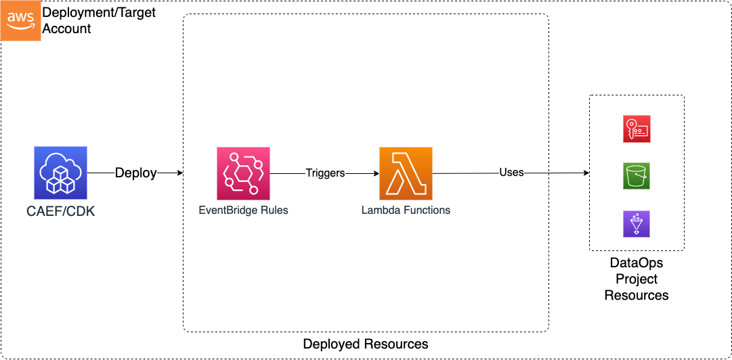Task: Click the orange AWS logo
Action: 20,20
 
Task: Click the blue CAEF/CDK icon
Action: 60,173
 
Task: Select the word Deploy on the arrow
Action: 135,173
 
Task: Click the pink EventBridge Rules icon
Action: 243,173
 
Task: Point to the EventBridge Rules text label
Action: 243,210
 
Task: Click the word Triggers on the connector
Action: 325,173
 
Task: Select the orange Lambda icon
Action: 406,173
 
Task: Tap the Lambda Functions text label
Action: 406,210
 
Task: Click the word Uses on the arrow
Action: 511,173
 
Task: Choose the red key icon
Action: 636,129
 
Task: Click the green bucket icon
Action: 636,175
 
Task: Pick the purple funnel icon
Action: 636,223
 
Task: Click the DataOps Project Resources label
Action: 636,278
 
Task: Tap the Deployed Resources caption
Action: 366,344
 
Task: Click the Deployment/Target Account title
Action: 99,21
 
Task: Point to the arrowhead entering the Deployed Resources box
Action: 179,173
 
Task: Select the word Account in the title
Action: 67,29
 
